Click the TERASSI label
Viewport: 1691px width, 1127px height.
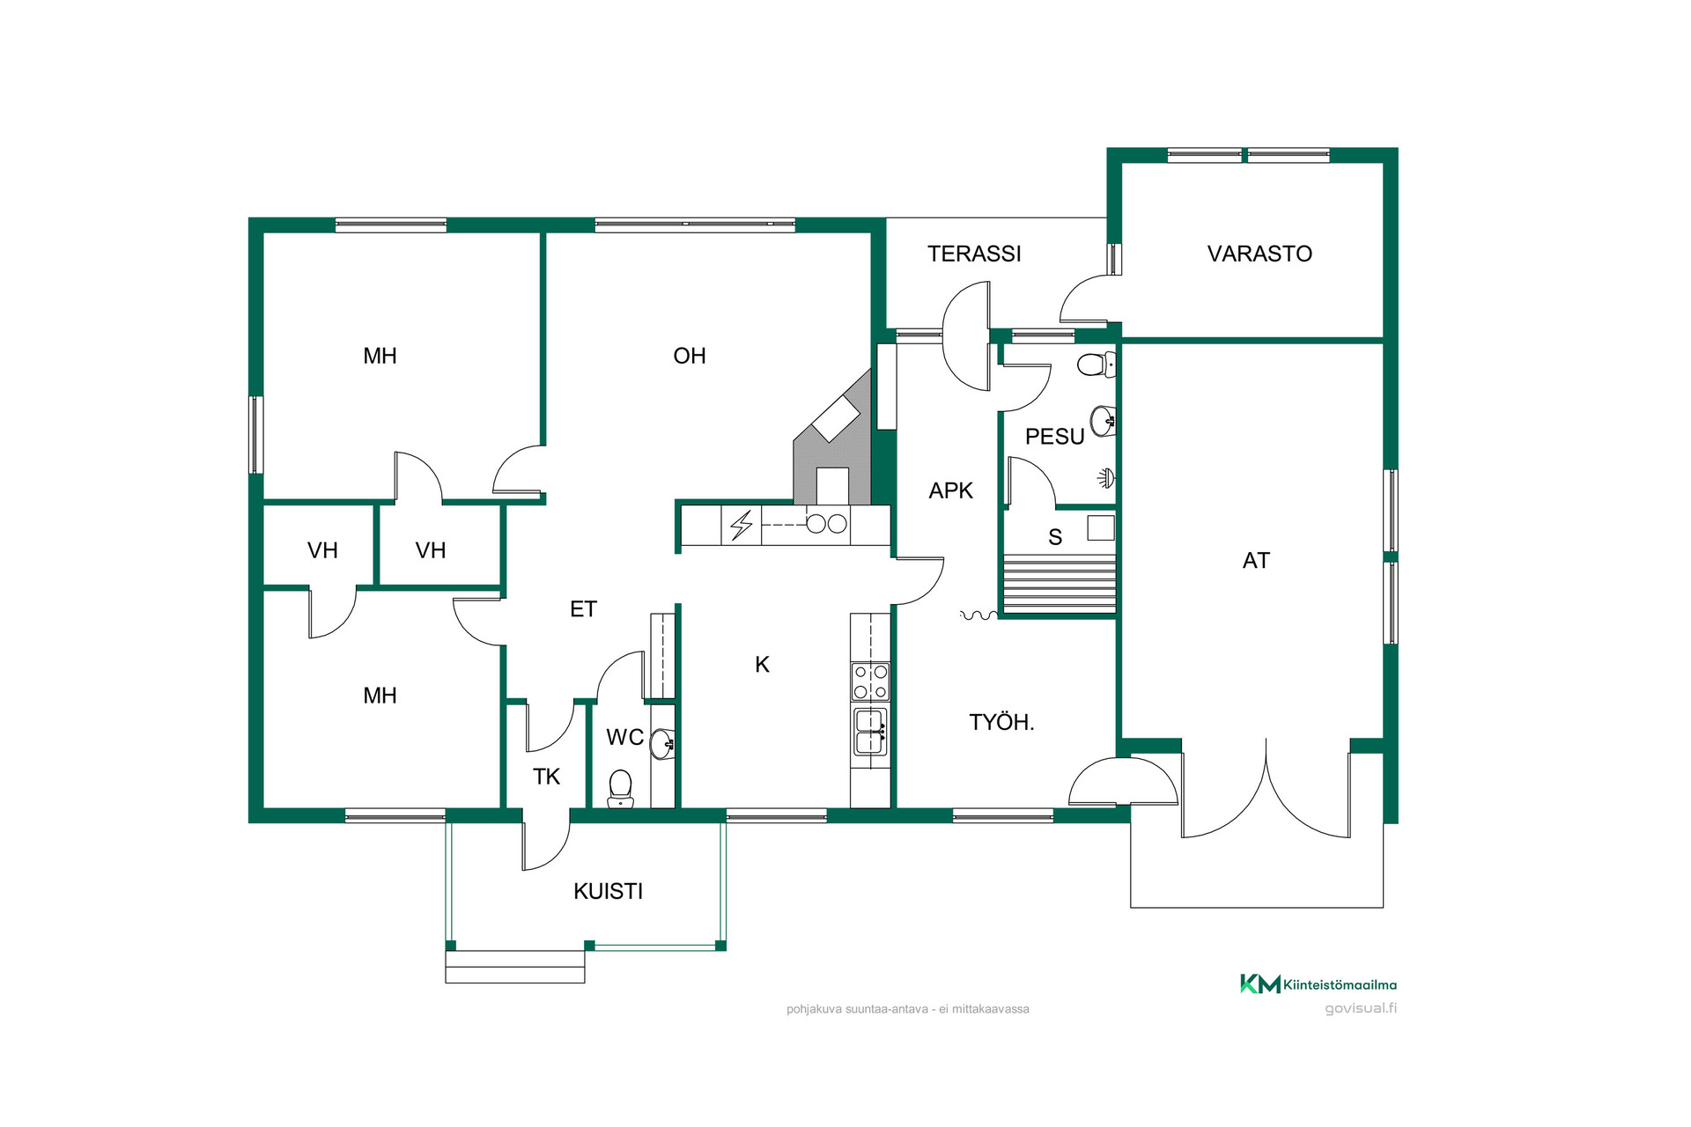[974, 254]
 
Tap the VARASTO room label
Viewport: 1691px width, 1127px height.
[1259, 254]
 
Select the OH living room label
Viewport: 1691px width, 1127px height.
[690, 356]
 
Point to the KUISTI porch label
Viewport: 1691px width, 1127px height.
[608, 891]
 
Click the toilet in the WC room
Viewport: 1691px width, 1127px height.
[620, 789]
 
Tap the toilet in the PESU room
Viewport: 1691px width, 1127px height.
[1097, 364]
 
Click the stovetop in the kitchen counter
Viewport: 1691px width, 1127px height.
[870, 681]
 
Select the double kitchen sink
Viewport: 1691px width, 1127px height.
[870, 731]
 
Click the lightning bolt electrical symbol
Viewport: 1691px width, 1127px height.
[742, 525]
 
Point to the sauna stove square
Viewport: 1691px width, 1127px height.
[1101, 527]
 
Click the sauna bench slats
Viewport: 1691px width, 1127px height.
[1060, 584]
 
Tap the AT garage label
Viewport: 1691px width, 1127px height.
[1256, 560]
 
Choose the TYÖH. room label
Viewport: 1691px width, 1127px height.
[1001, 722]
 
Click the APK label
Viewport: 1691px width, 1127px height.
[951, 490]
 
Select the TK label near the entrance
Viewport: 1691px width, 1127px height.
[546, 777]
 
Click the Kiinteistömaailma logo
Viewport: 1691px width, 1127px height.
[1318, 984]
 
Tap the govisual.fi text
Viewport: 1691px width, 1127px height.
[1361, 1009]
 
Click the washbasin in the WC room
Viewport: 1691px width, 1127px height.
[663, 744]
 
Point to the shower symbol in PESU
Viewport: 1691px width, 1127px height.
[1106, 478]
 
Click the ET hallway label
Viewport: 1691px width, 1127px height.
[583, 609]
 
